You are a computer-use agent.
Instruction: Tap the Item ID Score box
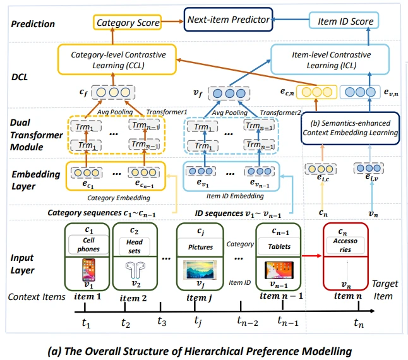coord(345,21)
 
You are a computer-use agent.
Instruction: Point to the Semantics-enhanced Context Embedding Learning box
coord(350,128)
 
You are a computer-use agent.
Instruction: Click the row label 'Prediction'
coord(32,24)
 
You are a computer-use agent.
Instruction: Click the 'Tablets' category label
coord(279,247)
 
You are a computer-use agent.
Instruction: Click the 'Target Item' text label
coord(385,290)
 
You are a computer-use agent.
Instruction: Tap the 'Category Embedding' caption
coord(116,196)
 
